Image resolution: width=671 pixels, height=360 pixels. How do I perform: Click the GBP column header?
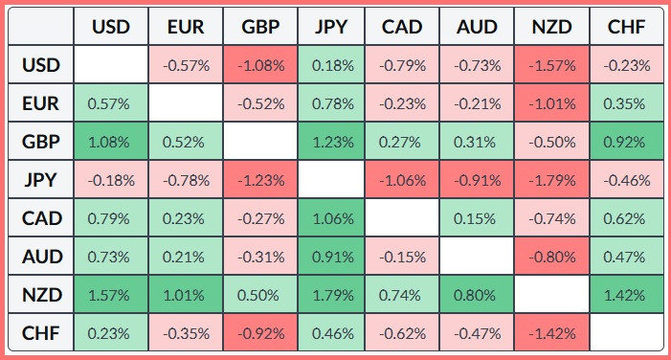[x=260, y=27]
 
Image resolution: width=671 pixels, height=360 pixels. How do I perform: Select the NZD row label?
[x=41, y=295]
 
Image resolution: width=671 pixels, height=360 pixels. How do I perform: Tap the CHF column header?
[x=626, y=27]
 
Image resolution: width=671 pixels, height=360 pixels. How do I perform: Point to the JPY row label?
[x=41, y=180]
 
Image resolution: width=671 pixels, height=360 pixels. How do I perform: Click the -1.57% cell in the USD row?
[x=551, y=65]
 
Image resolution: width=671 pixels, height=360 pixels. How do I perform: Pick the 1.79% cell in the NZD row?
[x=331, y=295]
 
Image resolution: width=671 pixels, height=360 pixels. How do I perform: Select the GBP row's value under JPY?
[x=331, y=142]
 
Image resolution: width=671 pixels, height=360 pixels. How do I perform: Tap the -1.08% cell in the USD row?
[x=260, y=65]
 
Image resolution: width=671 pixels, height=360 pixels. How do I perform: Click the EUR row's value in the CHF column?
[x=626, y=103]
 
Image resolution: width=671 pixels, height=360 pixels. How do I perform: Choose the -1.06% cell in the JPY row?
[x=402, y=180]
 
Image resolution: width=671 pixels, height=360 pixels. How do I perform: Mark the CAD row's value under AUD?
[x=477, y=218]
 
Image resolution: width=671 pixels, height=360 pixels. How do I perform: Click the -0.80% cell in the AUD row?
[x=551, y=257]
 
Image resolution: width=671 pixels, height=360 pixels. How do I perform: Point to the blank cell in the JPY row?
[x=331, y=180]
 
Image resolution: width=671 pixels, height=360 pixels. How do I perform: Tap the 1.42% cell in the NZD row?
[x=626, y=295]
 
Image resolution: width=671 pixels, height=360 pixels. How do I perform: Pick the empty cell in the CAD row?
[x=402, y=218]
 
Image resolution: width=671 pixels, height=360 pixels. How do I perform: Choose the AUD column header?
[x=477, y=27]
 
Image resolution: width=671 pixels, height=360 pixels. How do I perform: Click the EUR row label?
[x=41, y=103]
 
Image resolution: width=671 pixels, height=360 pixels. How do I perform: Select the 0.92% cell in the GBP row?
[x=626, y=142]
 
